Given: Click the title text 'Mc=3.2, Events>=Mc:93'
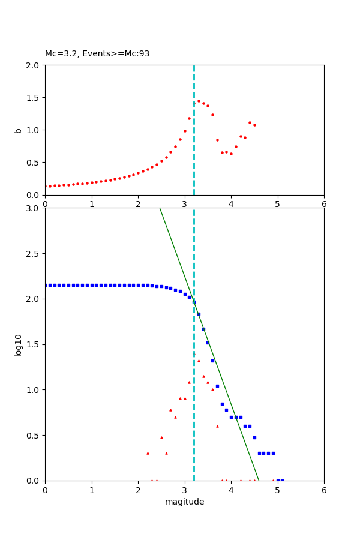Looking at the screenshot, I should point(97,54).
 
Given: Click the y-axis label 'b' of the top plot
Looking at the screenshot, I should point(19,130).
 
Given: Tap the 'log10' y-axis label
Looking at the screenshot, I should point(19,345).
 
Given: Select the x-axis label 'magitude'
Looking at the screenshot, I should point(184,502).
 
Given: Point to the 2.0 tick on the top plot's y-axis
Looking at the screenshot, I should point(34,65).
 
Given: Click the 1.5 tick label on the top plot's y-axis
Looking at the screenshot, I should point(34,98).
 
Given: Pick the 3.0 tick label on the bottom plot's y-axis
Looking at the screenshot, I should point(34,208).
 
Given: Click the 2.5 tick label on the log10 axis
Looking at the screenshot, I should point(34,254).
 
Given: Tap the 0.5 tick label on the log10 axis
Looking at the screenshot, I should point(34,436).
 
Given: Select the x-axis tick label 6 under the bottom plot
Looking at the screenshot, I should point(324,490).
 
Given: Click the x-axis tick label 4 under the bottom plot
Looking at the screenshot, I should point(231,490).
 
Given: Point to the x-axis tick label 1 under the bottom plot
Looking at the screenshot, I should point(92,490).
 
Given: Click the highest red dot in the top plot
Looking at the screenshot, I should point(199,101).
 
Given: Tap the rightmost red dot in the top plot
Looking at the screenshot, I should point(254,125).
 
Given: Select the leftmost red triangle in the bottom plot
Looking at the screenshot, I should point(148,453).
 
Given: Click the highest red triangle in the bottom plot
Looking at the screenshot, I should point(194,355).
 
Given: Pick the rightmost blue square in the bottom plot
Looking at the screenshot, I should point(282,480).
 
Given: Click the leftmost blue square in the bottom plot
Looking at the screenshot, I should point(46,285).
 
